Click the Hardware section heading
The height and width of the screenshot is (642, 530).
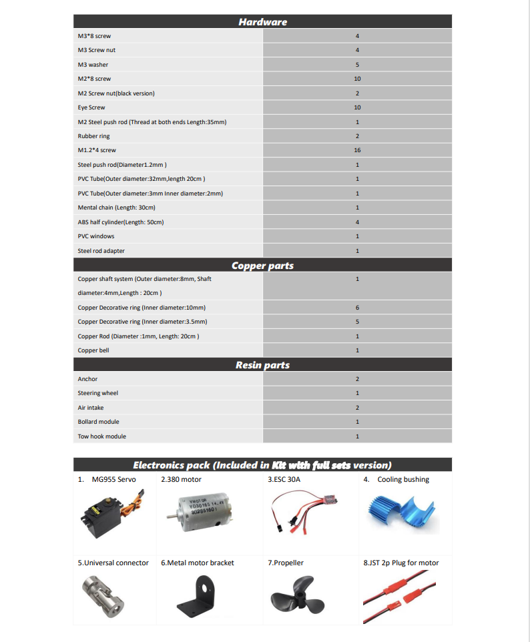coord(262,22)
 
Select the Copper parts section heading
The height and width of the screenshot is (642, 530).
coord(262,266)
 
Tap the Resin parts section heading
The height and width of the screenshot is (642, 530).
coord(262,365)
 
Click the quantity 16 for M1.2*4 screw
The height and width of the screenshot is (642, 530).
coord(357,150)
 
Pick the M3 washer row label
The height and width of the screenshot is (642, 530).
coord(93,65)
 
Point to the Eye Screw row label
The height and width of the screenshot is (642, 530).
coord(91,107)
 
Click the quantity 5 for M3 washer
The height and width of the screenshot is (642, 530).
coord(357,65)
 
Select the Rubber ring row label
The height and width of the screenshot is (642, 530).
coord(93,136)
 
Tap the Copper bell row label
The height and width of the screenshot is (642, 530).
coord(93,350)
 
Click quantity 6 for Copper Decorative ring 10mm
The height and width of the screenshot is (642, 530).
coord(357,308)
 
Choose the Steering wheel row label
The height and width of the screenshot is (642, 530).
coord(97,393)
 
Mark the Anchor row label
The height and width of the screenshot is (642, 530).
coord(87,379)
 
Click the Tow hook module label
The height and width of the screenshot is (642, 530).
coord(101,436)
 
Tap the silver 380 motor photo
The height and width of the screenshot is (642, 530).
coord(200,515)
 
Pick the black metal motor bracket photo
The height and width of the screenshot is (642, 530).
coord(199,596)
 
